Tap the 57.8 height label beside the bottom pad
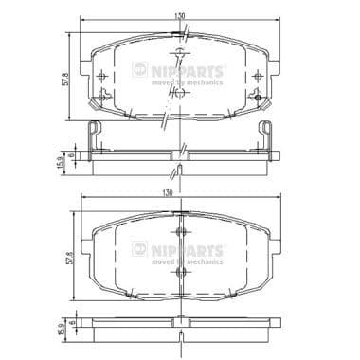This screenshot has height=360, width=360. pyautogui.click(x=64, y=257)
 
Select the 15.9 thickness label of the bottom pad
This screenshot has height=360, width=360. pyautogui.click(x=59, y=333)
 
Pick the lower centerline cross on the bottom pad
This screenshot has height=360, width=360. pyautogui.click(x=179, y=273)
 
